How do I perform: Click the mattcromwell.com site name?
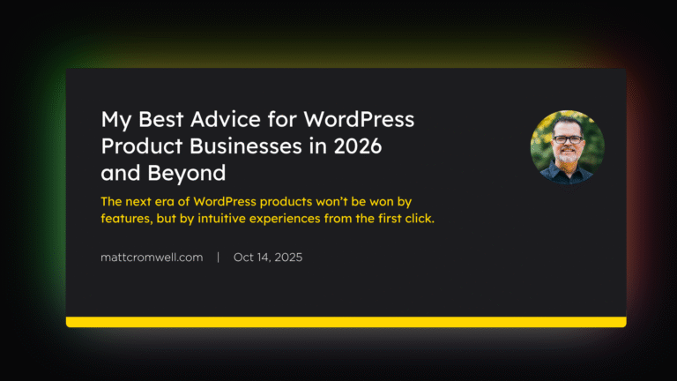(x=153, y=258)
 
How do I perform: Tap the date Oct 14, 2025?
(x=269, y=258)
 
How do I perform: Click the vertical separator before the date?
(x=219, y=258)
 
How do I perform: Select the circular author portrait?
(x=567, y=147)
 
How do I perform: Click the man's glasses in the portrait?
(x=567, y=139)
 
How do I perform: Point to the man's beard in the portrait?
(x=567, y=157)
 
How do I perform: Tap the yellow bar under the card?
(x=346, y=322)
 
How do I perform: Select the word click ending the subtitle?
(x=419, y=218)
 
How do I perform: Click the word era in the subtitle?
(x=165, y=201)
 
